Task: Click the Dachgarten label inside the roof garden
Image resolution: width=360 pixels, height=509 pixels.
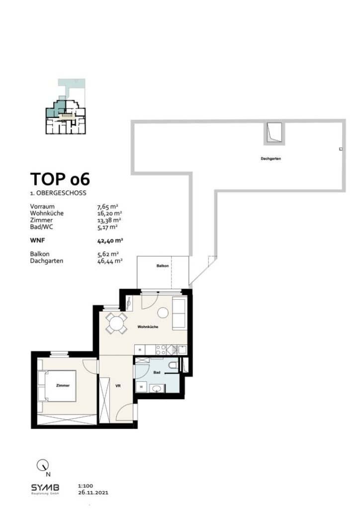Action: click(x=268, y=159)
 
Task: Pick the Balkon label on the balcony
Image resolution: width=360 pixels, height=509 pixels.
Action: click(x=162, y=266)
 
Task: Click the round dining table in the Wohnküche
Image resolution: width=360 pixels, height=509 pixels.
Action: click(x=115, y=323)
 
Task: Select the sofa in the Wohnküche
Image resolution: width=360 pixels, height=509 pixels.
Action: click(x=179, y=313)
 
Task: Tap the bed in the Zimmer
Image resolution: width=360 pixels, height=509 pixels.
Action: click(x=60, y=386)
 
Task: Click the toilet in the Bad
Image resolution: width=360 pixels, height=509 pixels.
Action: click(x=172, y=366)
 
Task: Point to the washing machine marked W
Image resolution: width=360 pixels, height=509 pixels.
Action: click(x=142, y=386)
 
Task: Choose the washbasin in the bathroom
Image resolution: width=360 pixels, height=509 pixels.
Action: click(x=157, y=388)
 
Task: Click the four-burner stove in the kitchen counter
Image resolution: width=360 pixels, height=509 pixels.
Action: click(x=162, y=349)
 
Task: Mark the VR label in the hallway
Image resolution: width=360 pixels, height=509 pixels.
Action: click(x=118, y=386)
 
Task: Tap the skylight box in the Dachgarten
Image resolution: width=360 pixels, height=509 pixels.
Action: click(x=274, y=133)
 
